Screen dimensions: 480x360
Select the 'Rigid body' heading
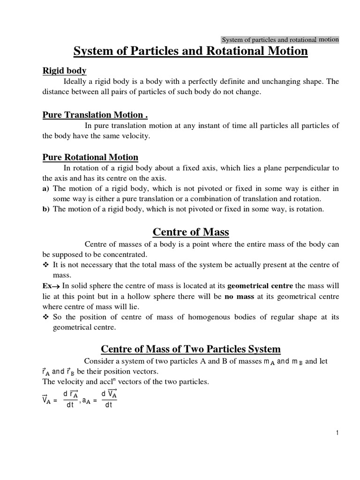(x=65, y=71)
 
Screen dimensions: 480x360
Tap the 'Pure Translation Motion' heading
(x=95, y=115)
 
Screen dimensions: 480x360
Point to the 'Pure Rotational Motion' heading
(x=90, y=157)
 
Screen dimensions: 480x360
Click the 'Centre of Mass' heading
(x=191, y=232)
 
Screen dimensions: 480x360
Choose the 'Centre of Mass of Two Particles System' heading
(x=191, y=349)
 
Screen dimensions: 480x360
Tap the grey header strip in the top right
(x=279, y=40)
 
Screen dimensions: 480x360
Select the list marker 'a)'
(x=46, y=188)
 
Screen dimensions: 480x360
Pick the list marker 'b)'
(x=46, y=209)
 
